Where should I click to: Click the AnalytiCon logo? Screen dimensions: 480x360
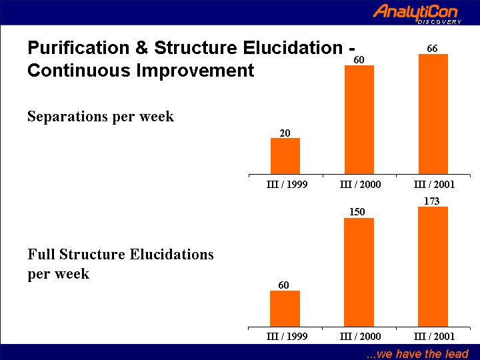(x=417, y=14)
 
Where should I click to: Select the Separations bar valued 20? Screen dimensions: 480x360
(x=285, y=156)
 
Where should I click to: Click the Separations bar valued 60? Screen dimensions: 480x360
(x=359, y=120)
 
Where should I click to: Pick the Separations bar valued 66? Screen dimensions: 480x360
(x=433, y=114)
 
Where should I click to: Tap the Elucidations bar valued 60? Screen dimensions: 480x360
(x=285, y=309)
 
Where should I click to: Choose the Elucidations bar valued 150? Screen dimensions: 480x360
(x=359, y=273)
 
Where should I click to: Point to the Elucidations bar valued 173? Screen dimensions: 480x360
(x=433, y=267)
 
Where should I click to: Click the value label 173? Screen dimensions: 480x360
(x=431, y=201)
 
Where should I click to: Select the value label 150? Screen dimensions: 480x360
(x=357, y=212)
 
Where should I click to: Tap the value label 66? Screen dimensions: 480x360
(x=432, y=49)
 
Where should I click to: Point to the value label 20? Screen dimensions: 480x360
(x=285, y=133)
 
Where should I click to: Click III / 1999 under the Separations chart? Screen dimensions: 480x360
(x=287, y=184)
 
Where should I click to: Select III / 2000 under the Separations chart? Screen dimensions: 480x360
(x=360, y=184)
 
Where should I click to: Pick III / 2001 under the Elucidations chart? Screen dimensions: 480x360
(x=434, y=337)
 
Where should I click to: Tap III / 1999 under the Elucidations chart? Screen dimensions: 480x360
(x=287, y=337)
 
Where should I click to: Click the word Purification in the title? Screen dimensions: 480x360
(x=79, y=48)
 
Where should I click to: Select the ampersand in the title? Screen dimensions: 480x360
(x=142, y=48)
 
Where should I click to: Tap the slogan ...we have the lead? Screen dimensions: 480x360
(x=417, y=353)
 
